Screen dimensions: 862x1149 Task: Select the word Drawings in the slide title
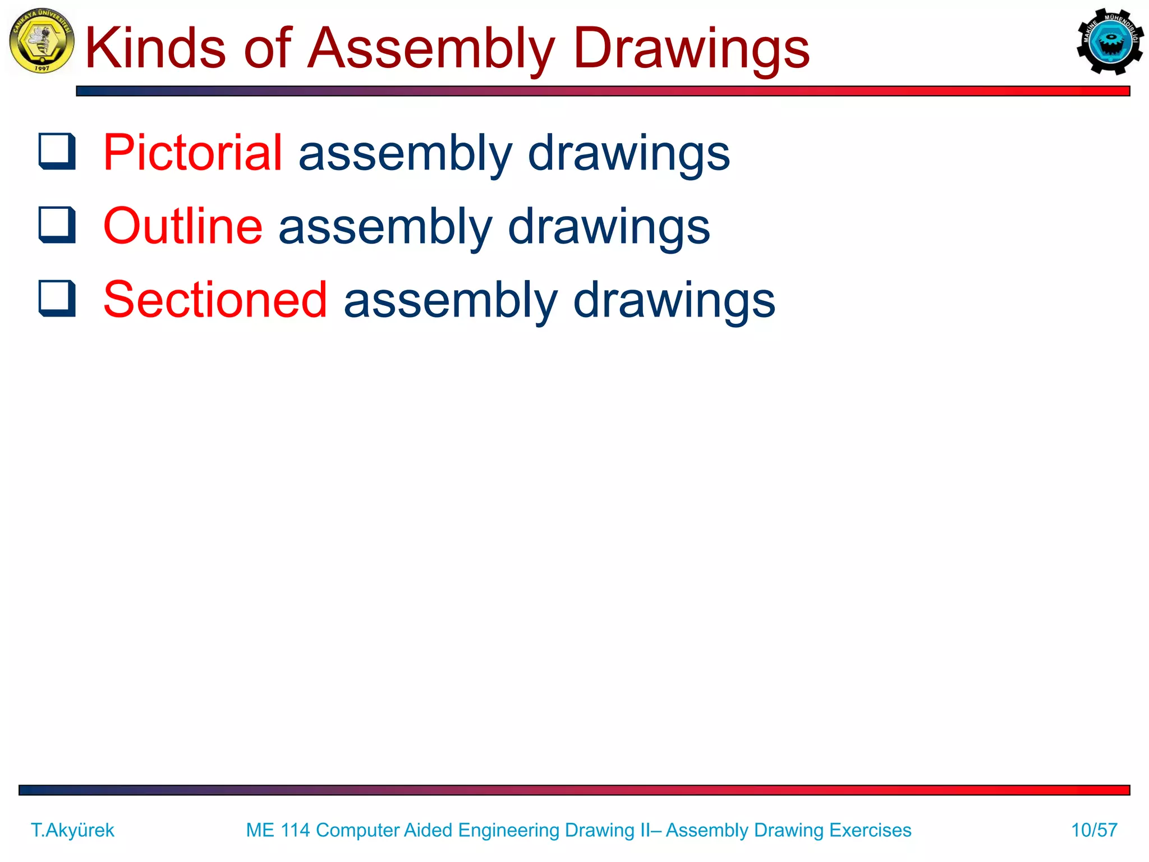click(x=691, y=49)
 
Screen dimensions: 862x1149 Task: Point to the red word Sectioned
click(x=215, y=300)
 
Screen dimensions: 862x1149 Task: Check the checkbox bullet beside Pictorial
click(x=57, y=151)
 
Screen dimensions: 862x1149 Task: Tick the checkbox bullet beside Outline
click(x=57, y=225)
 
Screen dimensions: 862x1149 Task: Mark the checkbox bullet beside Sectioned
click(x=57, y=299)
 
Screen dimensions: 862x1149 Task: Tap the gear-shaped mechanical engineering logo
click(x=1110, y=42)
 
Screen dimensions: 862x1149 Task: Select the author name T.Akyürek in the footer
click(x=72, y=830)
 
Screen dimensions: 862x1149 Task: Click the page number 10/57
click(x=1094, y=830)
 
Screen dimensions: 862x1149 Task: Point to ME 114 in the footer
click(x=278, y=830)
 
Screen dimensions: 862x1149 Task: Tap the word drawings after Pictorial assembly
click(x=629, y=153)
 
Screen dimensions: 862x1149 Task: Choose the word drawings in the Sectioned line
click(x=674, y=301)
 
